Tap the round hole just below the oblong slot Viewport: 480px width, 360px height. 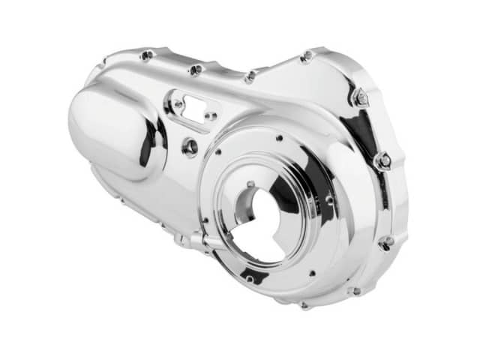tap(190, 146)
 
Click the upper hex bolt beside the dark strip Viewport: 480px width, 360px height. tap(361, 97)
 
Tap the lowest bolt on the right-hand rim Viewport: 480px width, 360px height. tap(386, 242)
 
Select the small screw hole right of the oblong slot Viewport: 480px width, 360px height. tap(212, 116)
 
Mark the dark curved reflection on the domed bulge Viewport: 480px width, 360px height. tap(154, 142)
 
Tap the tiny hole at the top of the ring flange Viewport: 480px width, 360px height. tap(279, 138)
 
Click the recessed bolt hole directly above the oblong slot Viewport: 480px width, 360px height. tap(196, 70)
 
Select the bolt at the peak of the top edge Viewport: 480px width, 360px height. tap(306, 55)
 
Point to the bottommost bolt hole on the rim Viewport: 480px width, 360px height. tap(304, 305)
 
